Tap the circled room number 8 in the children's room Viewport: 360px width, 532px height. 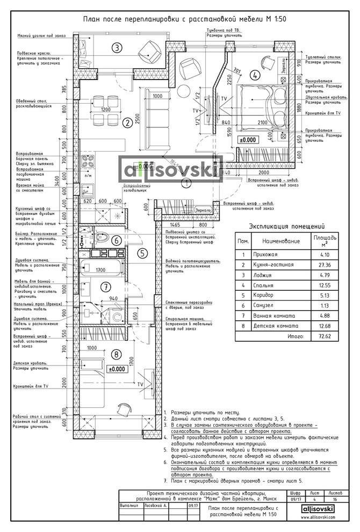pos(117,354)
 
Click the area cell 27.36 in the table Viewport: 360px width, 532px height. pos(323,265)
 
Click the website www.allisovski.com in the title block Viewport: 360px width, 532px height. pos(319,516)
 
